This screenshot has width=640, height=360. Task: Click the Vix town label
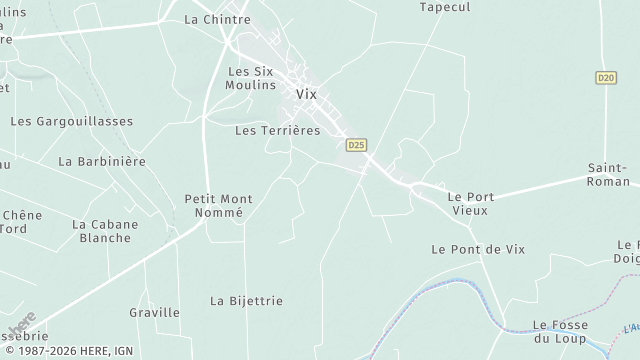point(306,94)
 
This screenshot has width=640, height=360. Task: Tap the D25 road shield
point(356,145)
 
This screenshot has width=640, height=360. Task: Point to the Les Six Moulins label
point(251,78)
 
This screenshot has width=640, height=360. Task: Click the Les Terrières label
point(276,130)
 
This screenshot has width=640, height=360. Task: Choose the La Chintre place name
point(217,19)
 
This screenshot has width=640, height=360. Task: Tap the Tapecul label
point(445,6)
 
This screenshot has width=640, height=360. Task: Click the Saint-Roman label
point(608,175)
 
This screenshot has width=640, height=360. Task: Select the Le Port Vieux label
point(470,204)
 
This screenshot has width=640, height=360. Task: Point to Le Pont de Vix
point(477,248)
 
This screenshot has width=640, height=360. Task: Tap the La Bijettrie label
point(246,300)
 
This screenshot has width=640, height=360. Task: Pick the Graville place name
point(155,312)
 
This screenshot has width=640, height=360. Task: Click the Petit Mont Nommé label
point(219,206)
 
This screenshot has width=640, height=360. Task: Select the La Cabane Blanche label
point(105,231)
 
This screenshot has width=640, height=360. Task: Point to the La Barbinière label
point(102,161)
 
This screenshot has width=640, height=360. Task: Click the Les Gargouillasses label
point(71,121)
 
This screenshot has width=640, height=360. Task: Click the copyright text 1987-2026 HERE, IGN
point(74,351)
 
